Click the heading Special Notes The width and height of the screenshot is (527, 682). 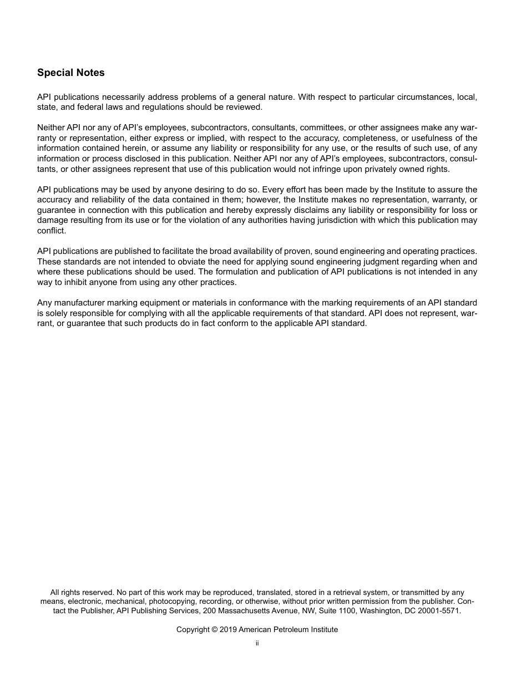coord(70,73)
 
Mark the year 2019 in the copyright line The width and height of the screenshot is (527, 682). coord(227,630)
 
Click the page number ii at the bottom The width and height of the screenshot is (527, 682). coord(257,644)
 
